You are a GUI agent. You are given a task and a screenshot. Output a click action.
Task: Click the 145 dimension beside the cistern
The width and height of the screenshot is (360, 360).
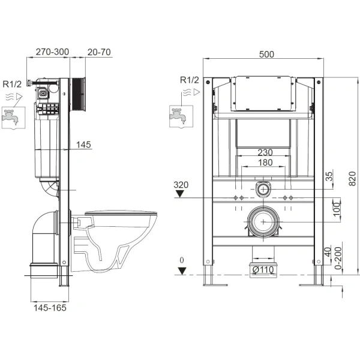click(85, 144)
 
